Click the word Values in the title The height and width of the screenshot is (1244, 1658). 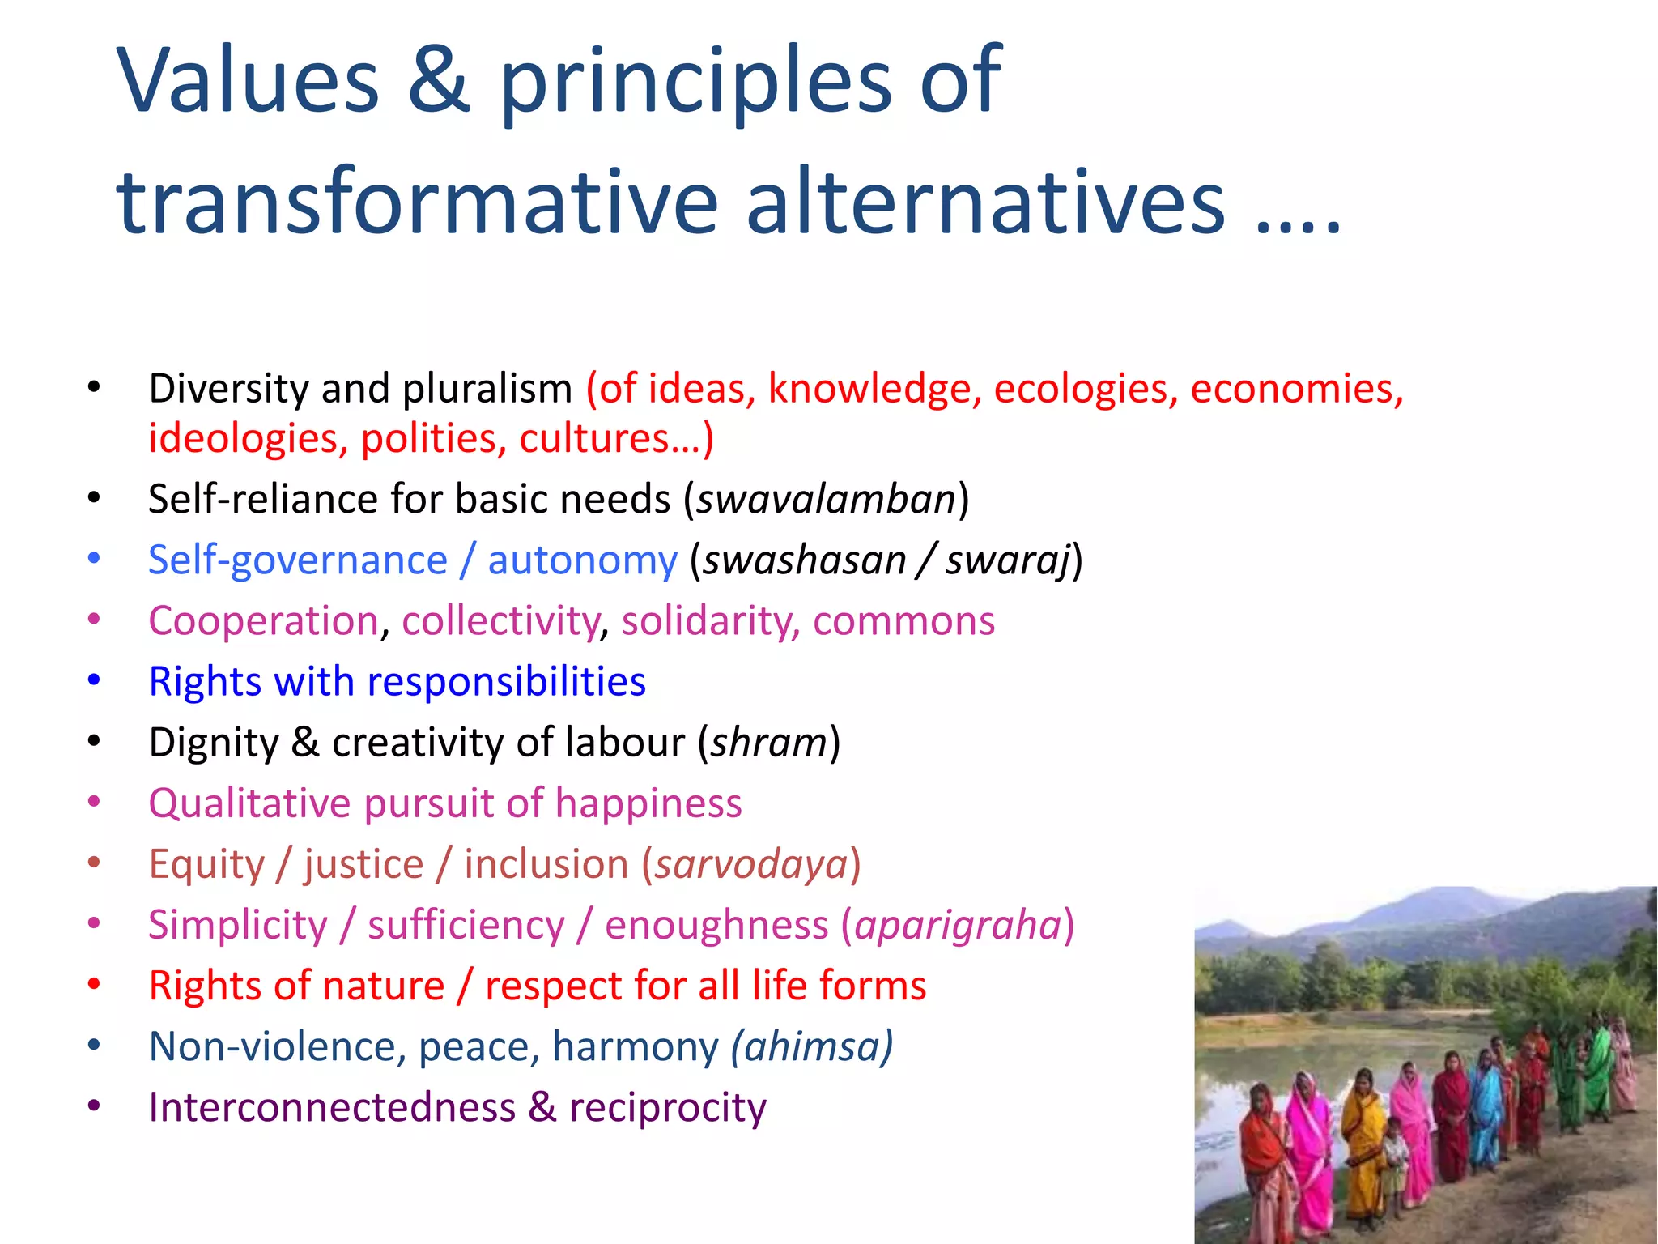point(248,80)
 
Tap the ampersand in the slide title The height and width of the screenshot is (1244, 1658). point(438,80)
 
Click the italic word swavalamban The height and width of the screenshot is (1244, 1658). point(827,499)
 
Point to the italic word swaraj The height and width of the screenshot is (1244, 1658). point(1008,560)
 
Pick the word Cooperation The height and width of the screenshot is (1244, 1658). point(263,621)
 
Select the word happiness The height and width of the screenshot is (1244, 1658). point(648,803)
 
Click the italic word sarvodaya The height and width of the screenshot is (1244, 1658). point(751,864)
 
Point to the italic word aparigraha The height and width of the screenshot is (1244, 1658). point(958,925)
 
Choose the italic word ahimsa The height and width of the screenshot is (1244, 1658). point(812,1046)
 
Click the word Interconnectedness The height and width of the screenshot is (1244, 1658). point(332,1107)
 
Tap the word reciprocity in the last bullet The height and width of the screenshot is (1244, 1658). point(668,1109)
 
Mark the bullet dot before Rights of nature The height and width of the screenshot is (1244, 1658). point(94,985)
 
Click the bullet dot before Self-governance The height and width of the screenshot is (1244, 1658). point(94,559)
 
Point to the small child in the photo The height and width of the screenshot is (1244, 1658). point(1394,1166)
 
